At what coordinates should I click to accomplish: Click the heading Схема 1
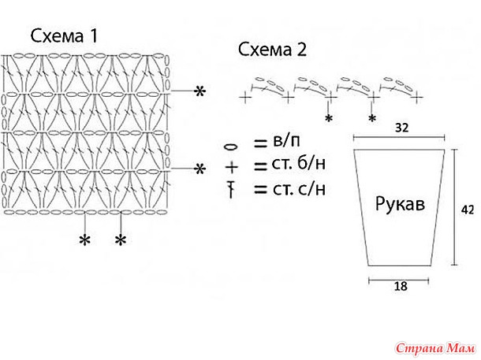pyautogui.click(x=64, y=36)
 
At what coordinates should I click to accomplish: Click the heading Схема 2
pyautogui.click(x=272, y=50)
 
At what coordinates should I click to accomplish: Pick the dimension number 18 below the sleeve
pyautogui.click(x=400, y=287)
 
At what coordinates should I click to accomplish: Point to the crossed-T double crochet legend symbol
pyautogui.click(x=232, y=188)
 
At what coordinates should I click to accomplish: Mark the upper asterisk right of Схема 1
pyautogui.click(x=200, y=92)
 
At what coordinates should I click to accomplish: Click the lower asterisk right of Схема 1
pyautogui.click(x=200, y=169)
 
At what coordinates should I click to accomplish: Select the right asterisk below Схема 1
pyautogui.click(x=121, y=239)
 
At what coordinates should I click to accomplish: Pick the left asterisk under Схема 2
pyautogui.click(x=329, y=118)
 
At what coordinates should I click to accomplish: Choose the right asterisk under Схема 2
pyautogui.click(x=371, y=118)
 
